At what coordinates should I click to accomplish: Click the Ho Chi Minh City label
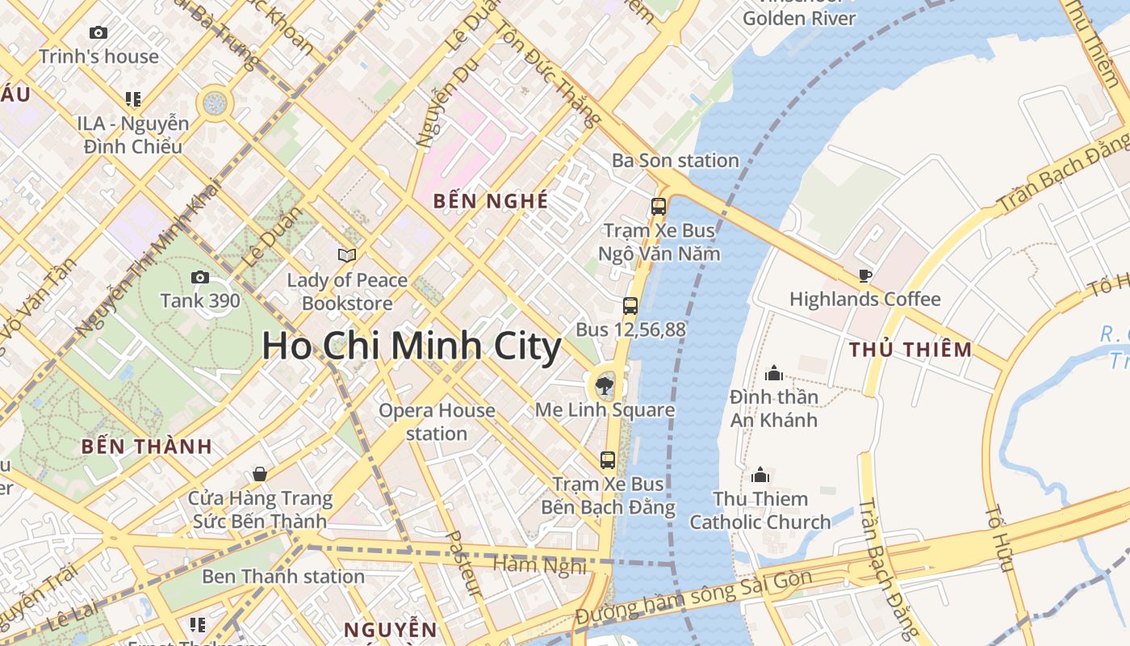412,346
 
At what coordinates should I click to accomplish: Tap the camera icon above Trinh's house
98,33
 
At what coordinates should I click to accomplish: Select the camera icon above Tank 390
199,278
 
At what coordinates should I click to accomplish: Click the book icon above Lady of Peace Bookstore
347,255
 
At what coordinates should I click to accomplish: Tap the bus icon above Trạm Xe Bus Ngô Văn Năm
659,206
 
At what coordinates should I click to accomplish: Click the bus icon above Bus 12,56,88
630,306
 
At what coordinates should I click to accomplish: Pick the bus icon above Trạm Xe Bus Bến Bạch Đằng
608,460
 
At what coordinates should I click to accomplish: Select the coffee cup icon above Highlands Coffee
865,275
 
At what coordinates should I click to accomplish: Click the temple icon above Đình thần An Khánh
774,373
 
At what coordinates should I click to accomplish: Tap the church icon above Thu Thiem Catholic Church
760,475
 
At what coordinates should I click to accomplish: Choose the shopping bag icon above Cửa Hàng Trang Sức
260,473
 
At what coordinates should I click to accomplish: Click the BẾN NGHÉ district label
491,201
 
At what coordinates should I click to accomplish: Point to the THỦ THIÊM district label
910,350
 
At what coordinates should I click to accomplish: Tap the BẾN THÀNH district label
147,446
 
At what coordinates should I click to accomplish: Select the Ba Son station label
676,161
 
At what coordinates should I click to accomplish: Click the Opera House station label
437,422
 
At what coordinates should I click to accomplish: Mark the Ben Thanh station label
283,577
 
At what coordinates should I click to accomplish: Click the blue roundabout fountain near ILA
215,103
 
